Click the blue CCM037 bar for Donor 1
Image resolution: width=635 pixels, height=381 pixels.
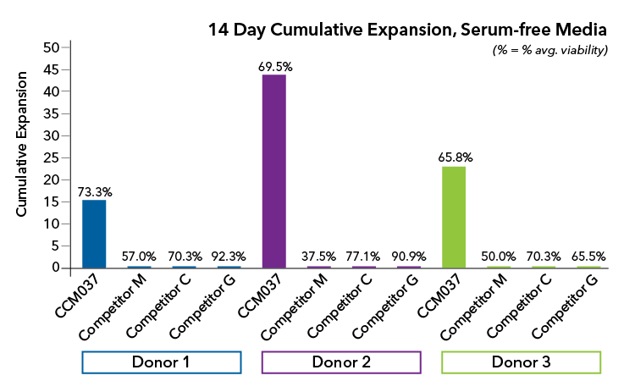point(94,234)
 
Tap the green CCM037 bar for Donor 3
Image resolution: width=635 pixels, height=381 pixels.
point(454,217)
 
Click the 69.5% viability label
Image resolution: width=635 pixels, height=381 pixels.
point(274,65)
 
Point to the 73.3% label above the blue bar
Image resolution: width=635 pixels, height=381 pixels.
point(94,191)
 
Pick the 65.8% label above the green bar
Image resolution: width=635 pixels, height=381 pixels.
point(454,157)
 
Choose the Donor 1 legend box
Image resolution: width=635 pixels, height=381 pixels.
point(161,362)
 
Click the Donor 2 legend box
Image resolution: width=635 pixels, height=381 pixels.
point(341,362)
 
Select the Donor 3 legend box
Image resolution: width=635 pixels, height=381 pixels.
point(521,362)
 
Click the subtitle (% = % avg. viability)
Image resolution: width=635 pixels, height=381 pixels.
point(550,51)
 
